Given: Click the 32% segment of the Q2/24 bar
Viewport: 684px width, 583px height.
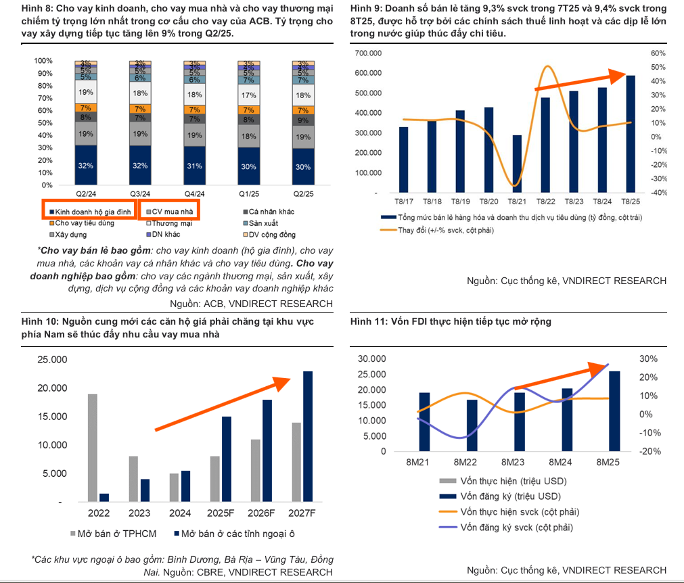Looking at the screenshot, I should click(x=86, y=164).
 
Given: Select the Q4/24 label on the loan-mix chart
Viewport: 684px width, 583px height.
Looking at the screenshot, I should click(x=195, y=193).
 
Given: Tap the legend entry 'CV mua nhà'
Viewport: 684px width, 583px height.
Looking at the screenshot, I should click(x=171, y=212).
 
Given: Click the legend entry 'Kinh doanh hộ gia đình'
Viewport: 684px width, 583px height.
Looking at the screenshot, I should click(x=90, y=212).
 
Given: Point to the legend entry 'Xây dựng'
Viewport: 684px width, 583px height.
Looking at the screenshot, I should click(x=72, y=235).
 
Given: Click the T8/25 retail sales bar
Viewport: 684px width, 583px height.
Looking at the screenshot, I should click(x=630, y=134).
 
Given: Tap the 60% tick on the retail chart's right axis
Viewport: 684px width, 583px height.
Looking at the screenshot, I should click(x=658, y=53).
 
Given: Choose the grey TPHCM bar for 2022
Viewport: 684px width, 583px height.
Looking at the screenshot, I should click(x=93, y=448).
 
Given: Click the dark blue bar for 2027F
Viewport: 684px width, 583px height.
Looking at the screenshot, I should click(x=308, y=436).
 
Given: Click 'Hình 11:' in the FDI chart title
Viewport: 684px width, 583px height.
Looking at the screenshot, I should click(x=369, y=322).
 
